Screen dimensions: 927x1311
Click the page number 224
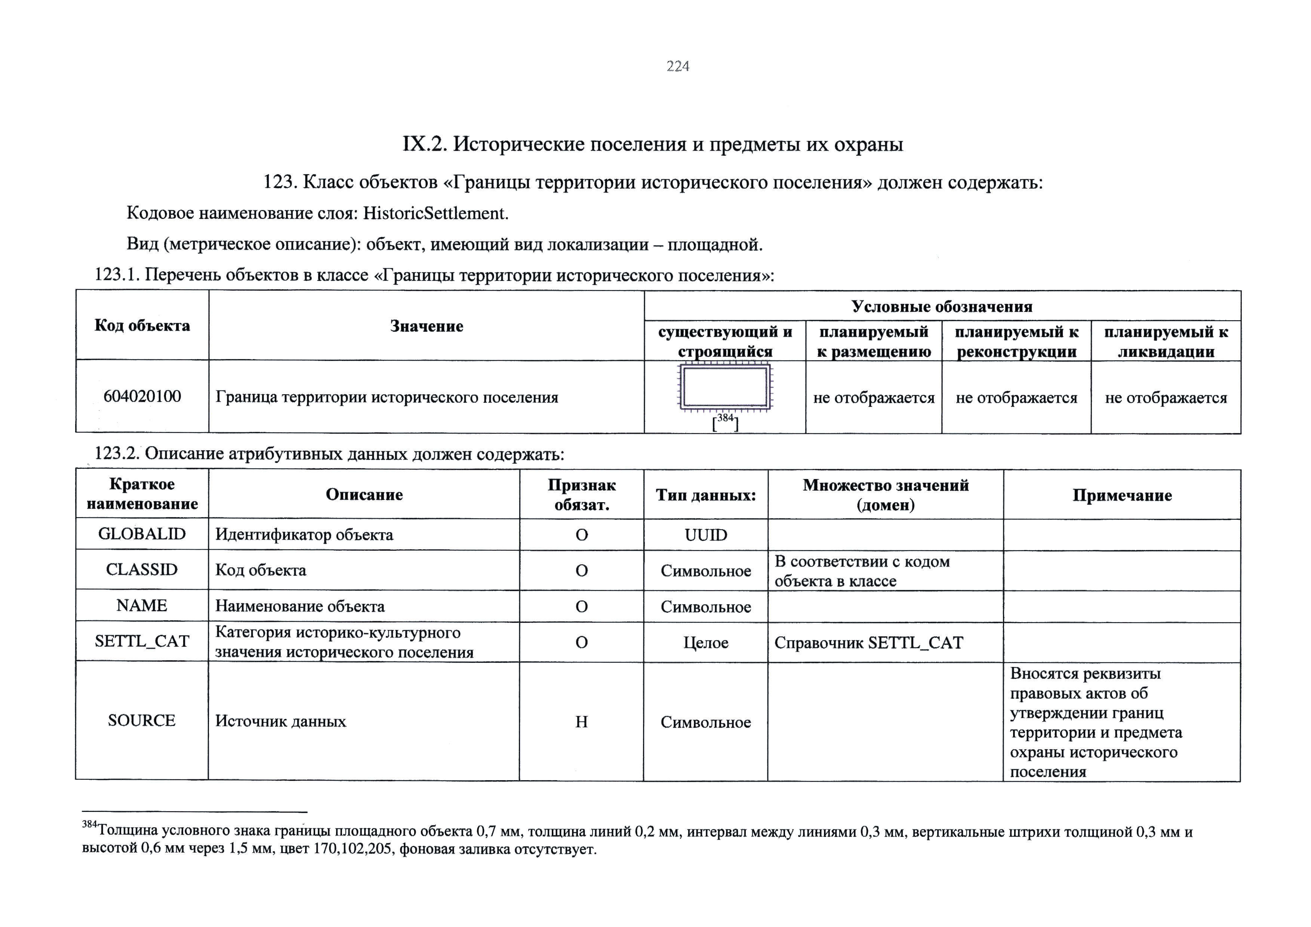click(x=678, y=67)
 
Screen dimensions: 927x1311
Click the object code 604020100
click(x=142, y=396)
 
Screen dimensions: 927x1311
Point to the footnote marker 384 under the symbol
click(x=725, y=418)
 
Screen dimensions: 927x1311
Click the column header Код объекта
click(x=142, y=325)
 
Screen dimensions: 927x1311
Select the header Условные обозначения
click(x=942, y=306)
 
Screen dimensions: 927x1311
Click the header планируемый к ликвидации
click(x=1166, y=342)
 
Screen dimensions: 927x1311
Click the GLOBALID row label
click(x=142, y=534)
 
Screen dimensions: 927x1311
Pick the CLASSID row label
click(x=142, y=570)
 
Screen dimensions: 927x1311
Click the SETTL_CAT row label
click(x=142, y=641)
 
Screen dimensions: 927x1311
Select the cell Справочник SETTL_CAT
click(x=868, y=643)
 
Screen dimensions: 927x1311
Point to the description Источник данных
click(x=280, y=721)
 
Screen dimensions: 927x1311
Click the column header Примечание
click(x=1121, y=495)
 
